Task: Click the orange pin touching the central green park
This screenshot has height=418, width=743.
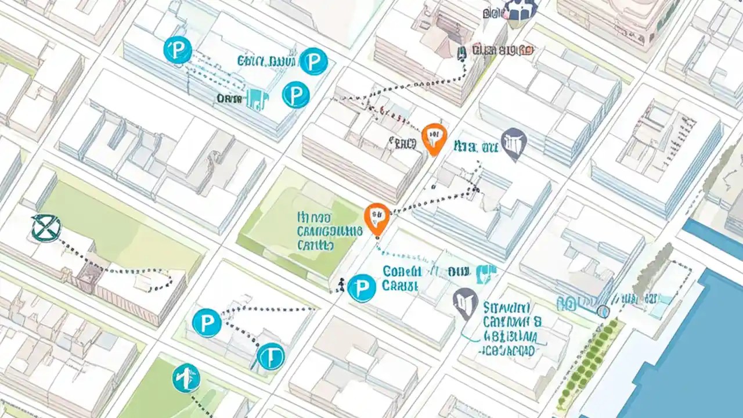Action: (377, 217)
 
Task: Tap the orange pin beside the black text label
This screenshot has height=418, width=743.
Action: (434, 138)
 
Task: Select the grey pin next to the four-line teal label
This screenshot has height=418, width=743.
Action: (466, 302)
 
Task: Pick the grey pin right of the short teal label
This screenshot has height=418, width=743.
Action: (514, 142)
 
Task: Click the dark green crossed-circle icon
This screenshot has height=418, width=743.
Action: (46, 227)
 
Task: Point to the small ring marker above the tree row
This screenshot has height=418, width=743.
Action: (603, 312)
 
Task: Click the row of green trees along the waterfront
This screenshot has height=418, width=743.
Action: (586, 360)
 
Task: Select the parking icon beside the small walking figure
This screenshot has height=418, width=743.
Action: (362, 287)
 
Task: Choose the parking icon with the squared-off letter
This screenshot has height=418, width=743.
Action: (270, 356)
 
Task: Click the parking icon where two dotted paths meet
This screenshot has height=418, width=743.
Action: (207, 323)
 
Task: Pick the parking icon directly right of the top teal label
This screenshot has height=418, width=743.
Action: (313, 61)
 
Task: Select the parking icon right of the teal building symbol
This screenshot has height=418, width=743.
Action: (295, 94)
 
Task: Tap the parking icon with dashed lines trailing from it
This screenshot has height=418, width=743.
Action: (178, 50)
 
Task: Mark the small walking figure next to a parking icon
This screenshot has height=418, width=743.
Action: (341, 284)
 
